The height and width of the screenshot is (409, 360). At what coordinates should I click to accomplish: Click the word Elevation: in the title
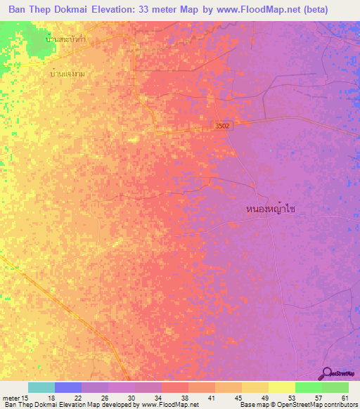(x=122, y=11)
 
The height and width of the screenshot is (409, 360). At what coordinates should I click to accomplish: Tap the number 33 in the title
(x=161, y=11)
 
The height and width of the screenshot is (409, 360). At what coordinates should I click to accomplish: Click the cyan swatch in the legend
(x=41, y=387)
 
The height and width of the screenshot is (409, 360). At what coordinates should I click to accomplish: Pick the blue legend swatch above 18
(x=67, y=387)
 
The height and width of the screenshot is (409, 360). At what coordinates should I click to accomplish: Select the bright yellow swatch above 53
(x=281, y=387)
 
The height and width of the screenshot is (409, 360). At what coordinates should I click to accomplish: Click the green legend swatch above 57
(x=308, y=387)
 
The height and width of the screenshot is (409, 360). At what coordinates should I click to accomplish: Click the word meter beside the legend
(x=12, y=397)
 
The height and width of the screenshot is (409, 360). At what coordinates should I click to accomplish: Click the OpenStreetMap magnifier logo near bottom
(x=326, y=372)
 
